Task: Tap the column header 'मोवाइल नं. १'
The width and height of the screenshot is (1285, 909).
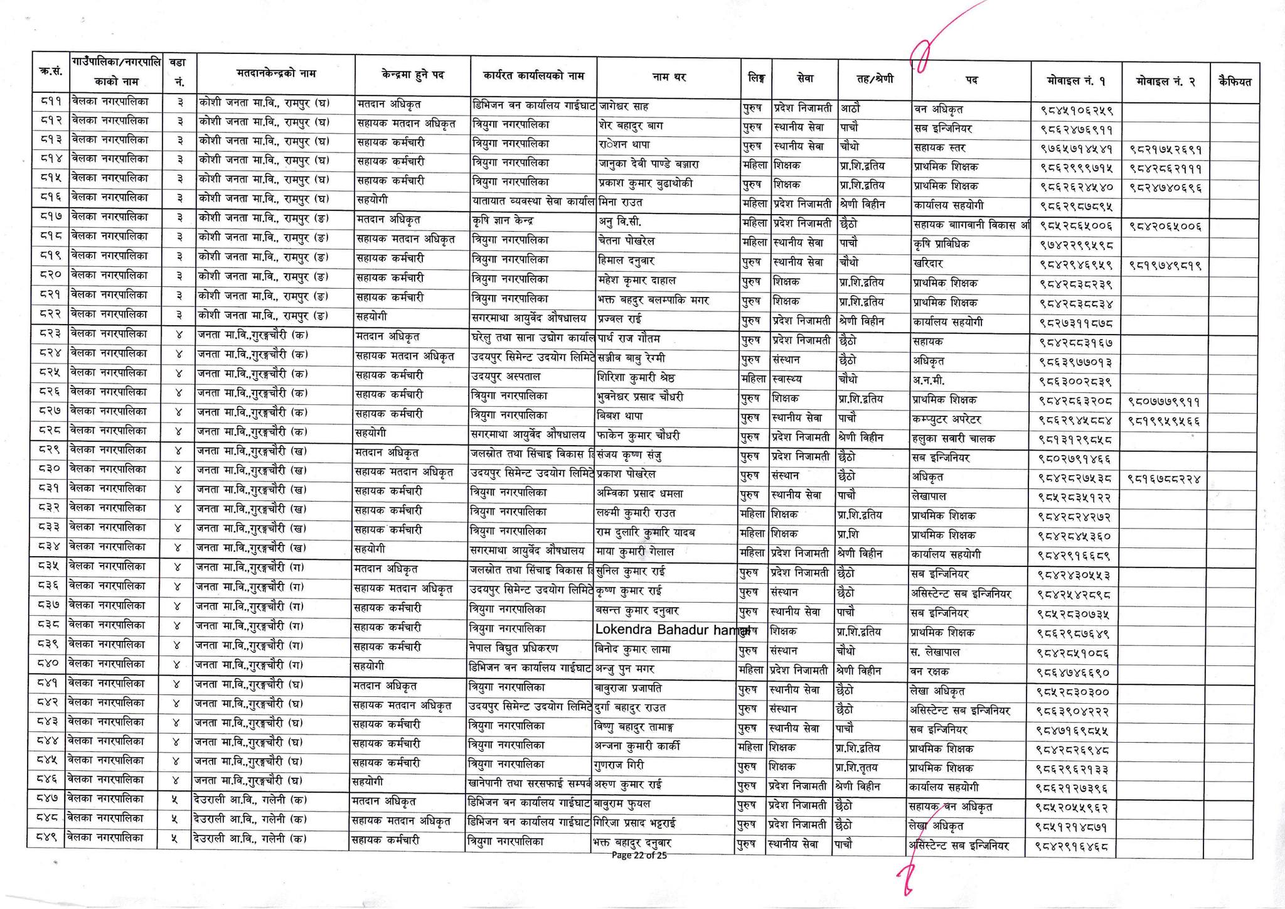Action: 1076,80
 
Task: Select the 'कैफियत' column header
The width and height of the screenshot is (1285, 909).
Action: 1234,81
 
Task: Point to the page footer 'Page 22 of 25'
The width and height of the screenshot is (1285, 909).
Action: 639,855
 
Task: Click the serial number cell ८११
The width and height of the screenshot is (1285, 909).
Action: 48,100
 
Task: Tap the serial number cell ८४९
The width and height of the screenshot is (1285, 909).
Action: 45,837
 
